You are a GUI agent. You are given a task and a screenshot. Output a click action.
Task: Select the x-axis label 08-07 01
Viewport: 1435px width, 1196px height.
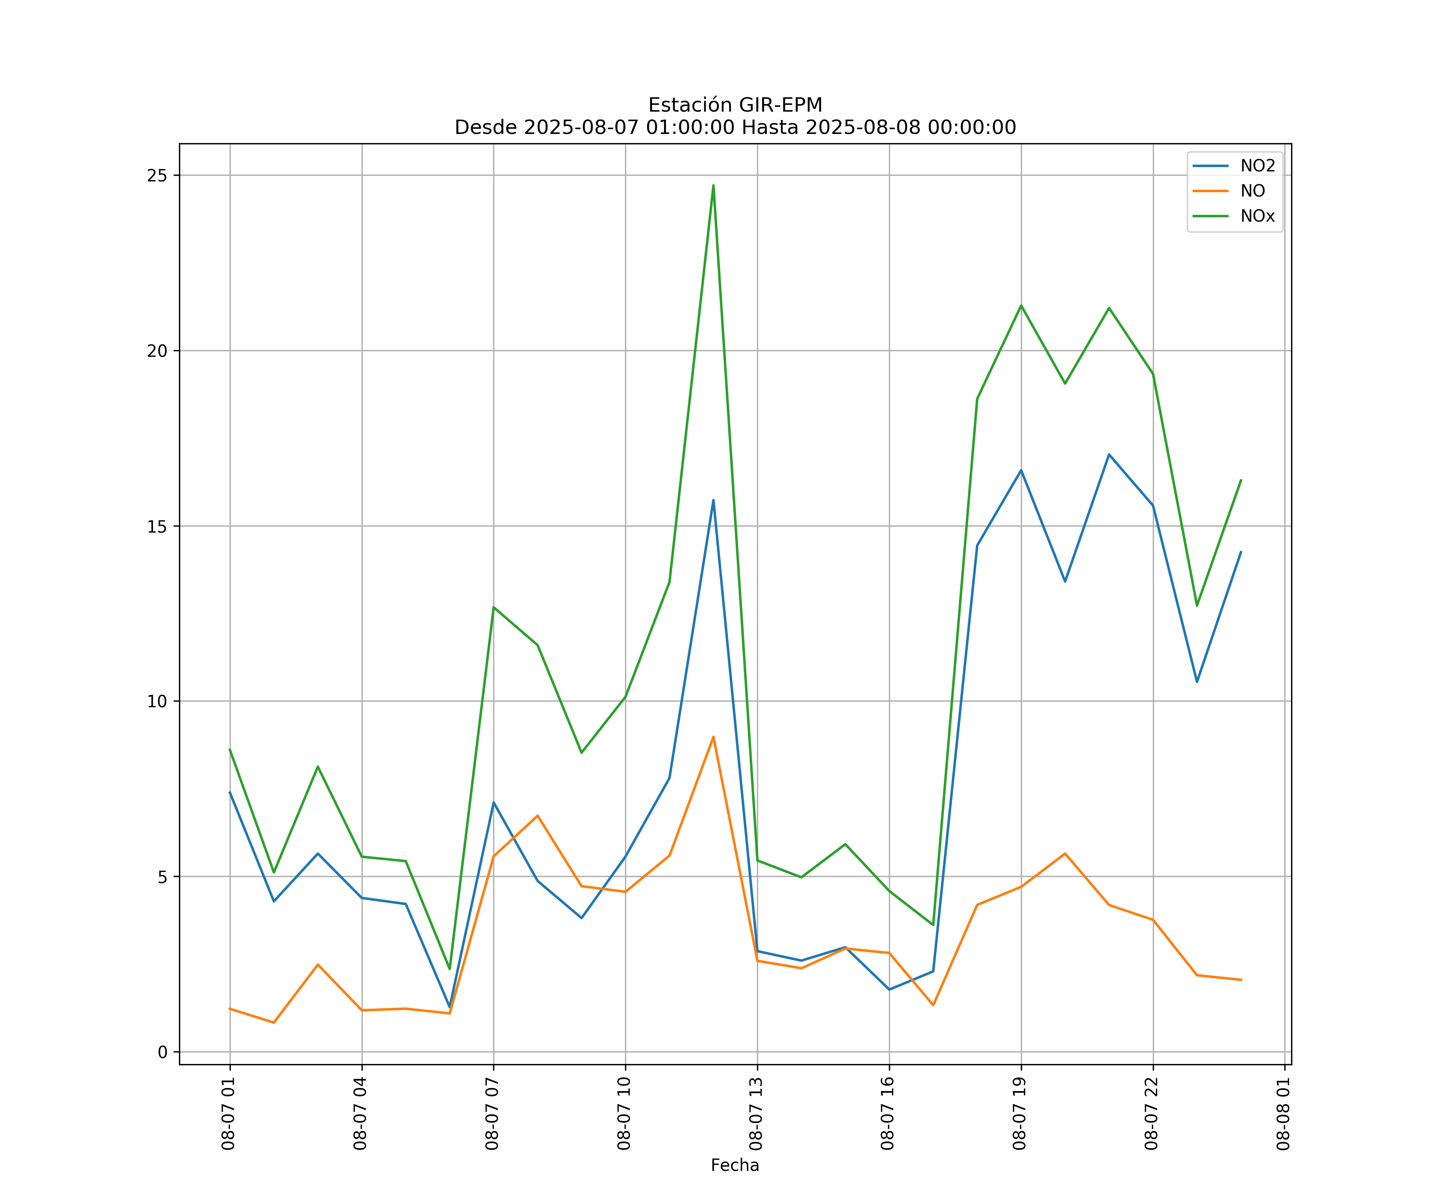[228, 1114]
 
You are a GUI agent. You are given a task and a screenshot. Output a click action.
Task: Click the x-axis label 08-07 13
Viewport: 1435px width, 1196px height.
[756, 1114]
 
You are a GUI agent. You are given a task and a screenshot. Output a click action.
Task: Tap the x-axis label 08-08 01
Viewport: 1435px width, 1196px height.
[1283, 1114]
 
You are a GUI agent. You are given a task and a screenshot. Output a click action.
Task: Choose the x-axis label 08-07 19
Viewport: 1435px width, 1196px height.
[1020, 1114]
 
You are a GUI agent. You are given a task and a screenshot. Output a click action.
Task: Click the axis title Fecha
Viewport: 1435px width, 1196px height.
[735, 1165]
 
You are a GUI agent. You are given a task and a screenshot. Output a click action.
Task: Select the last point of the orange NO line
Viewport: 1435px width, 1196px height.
[1241, 980]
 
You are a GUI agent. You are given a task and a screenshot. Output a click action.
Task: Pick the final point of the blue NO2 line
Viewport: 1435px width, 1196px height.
[1241, 551]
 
